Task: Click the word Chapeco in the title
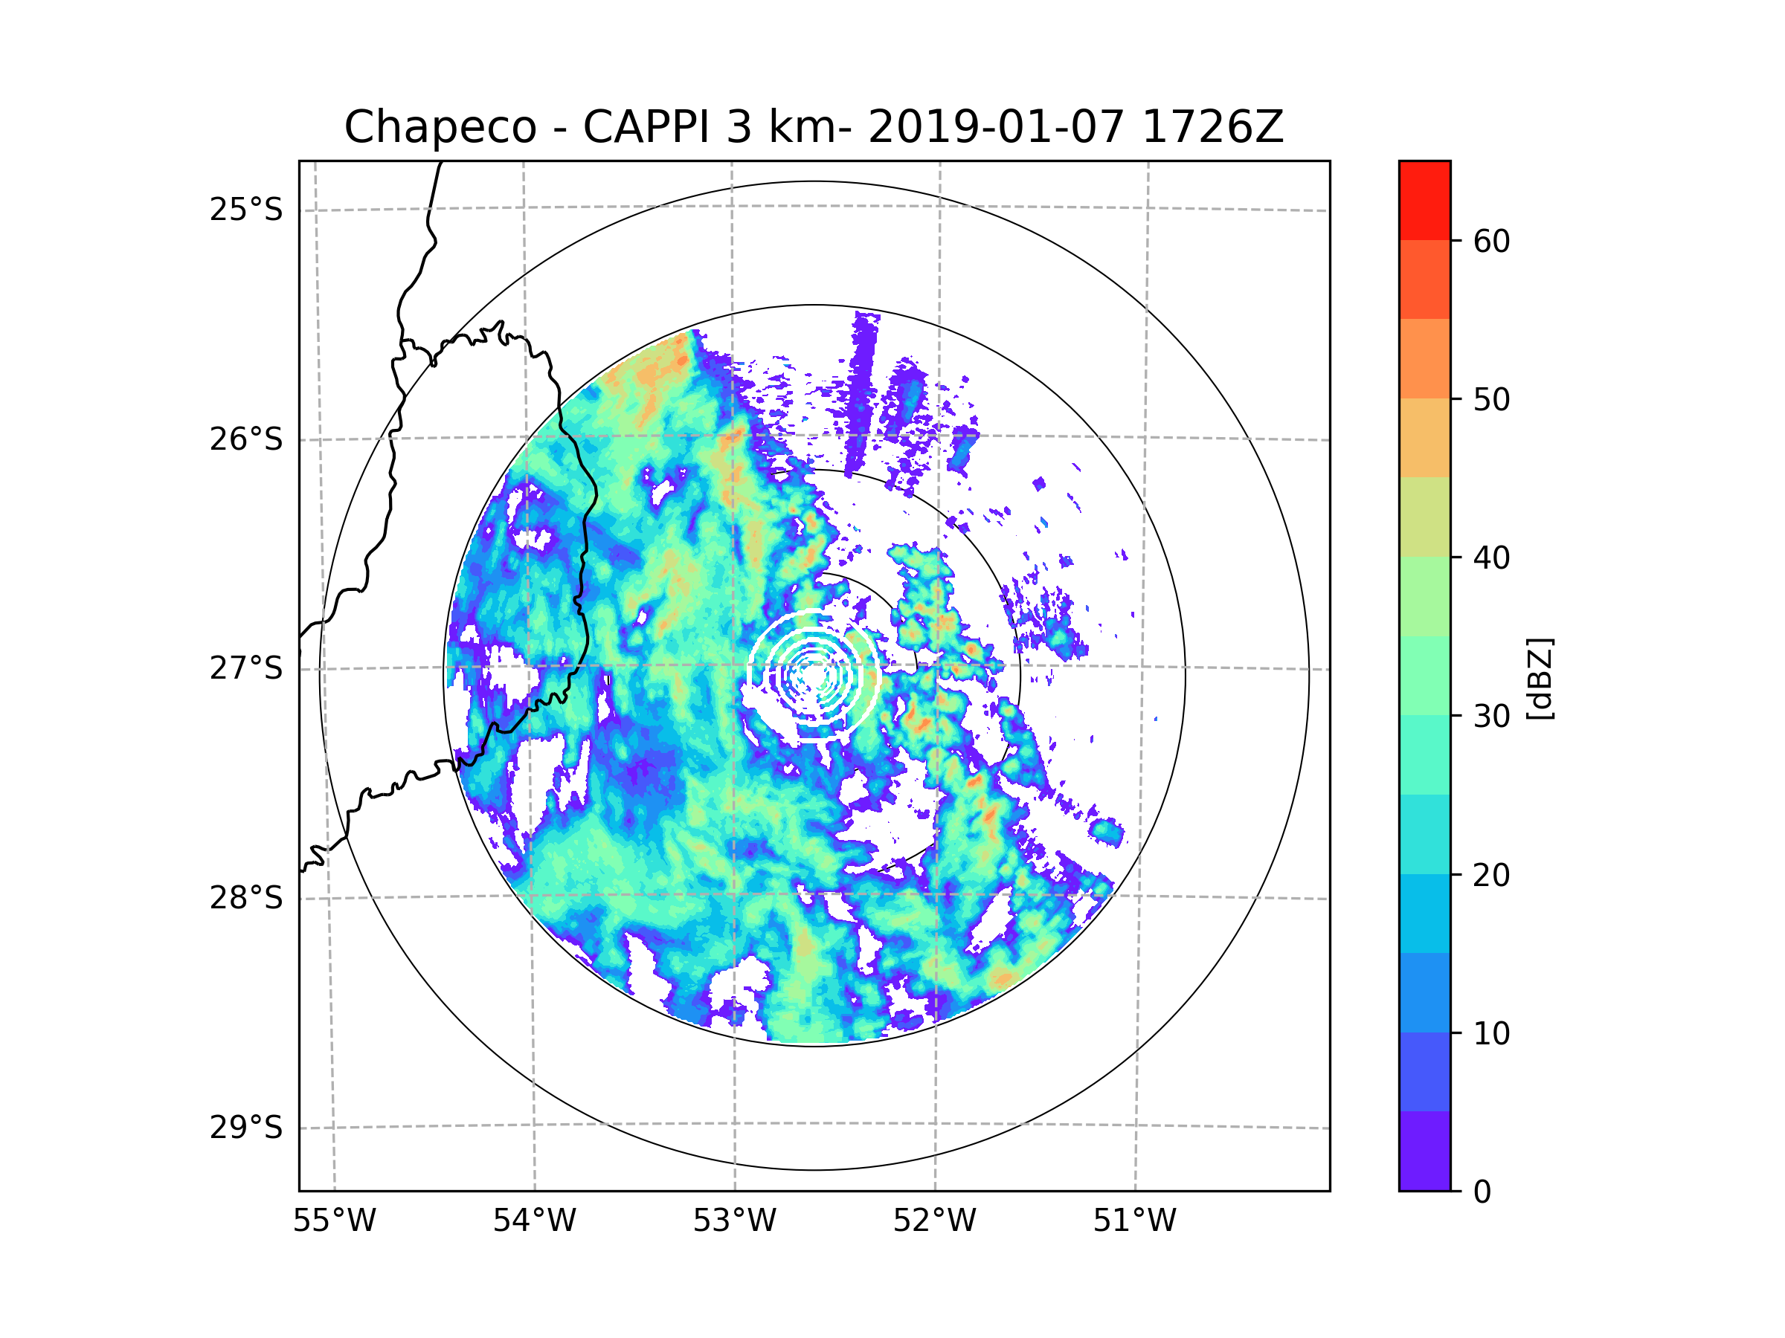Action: tap(440, 127)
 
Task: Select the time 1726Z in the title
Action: tap(1212, 127)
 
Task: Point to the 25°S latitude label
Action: tap(246, 210)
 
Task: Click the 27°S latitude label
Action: tap(246, 668)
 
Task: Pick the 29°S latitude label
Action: tap(246, 1128)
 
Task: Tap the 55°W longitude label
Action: tap(334, 1221)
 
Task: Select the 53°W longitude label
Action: tap(734, 1221)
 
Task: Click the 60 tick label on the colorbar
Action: tap(1491, 241)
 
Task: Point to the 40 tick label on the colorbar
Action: tap(1491, 558)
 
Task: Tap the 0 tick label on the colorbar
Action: tap(1482, 1192)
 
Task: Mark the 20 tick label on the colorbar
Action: tap(1491, 875)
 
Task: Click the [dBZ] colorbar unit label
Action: tap(1540, 678)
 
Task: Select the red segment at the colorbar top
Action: tap(1424, 200)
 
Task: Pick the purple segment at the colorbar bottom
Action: tap(1424, 1151)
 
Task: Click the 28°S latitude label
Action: tap(246, 898)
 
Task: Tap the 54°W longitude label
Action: tap(534, 1221)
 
